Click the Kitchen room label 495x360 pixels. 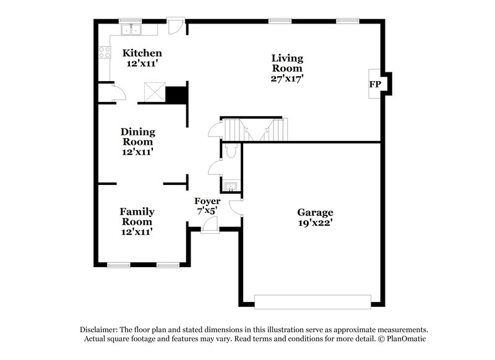coord(142,53)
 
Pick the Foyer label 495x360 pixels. coord(207,201)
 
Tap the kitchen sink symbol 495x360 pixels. coord(131,29)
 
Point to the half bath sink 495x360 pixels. coord(230,186)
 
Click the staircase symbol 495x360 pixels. coord(254,130)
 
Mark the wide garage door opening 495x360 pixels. coord(312,301)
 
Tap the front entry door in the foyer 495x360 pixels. coord(210,230)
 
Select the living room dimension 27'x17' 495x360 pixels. coord(287,79)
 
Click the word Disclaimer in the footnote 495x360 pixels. coord(101,330)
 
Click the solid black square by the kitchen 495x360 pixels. coord(176,95)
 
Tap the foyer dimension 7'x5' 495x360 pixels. coord(207,211)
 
